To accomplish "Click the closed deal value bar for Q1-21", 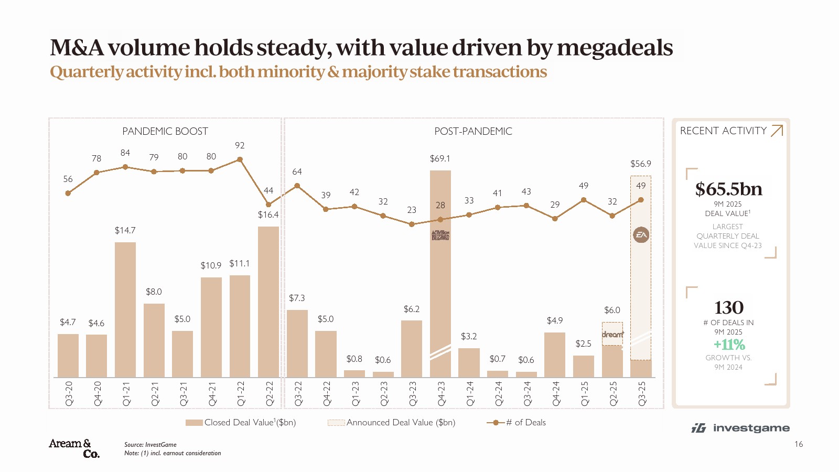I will (x=125, y=309).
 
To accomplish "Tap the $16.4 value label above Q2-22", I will (x=268, y=214).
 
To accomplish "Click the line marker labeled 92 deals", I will (x=240, y=159).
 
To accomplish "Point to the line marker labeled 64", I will (x=297, y=186).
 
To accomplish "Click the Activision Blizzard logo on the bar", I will (x=440, y=235).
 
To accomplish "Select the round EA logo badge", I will (x=641, y=235).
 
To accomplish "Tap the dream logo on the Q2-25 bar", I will (x=612, y=334).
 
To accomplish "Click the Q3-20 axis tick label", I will (x=69, y=394).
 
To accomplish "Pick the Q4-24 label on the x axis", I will (x=556, y=394).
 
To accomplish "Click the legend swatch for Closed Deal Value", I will (x=194, y=423).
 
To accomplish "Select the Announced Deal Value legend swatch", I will (x=336, y=423).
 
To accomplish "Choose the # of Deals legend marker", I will (x=495, y=423).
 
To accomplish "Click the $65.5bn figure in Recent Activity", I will (x=728, y=189).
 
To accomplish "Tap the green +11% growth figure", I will (x=729, y=345).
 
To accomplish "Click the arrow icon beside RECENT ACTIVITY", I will (x=777, y=131).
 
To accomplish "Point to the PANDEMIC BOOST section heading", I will (x=165, y=131).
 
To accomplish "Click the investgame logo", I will (x=741, y=428).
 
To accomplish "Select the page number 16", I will (x=798, y=444).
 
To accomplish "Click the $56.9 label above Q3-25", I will (x=640, y=164).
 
